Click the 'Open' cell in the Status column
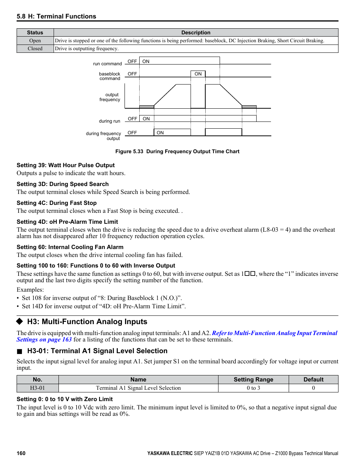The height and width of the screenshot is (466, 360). tap(35, 41)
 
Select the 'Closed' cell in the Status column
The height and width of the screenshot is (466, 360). tap(35, 49)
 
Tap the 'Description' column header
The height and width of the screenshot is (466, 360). tap(195, 33)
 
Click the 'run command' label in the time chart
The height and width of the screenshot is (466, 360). tap(108, 64)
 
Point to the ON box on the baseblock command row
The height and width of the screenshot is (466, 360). tap(198, 74)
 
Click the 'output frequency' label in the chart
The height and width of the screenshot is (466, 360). tap(110, 97)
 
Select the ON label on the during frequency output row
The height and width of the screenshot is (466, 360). tap(160, 133)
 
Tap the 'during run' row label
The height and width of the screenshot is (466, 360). tap(109, 121)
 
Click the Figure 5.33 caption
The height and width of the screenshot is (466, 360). tap(177, 151)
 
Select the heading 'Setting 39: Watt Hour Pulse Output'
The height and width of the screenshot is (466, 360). tap(66, 165)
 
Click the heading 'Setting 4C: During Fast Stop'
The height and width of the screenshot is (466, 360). tap(57, 203)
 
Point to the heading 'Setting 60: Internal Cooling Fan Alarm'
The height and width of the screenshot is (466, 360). tap(70, 247)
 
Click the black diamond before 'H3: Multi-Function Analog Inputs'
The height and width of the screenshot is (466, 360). tap(20, 321)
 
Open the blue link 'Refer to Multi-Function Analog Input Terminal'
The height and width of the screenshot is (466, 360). tap(274, 333)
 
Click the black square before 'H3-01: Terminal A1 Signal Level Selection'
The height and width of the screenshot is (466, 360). tap(20, 351)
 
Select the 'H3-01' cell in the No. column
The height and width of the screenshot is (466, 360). tap(37, 388)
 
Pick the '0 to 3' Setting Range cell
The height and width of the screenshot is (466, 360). tap(253, 388)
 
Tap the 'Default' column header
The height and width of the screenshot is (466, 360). tap(313, 380)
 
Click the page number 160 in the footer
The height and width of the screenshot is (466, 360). tap(21, 453)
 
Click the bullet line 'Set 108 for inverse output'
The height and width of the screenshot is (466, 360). tap(102, 298)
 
